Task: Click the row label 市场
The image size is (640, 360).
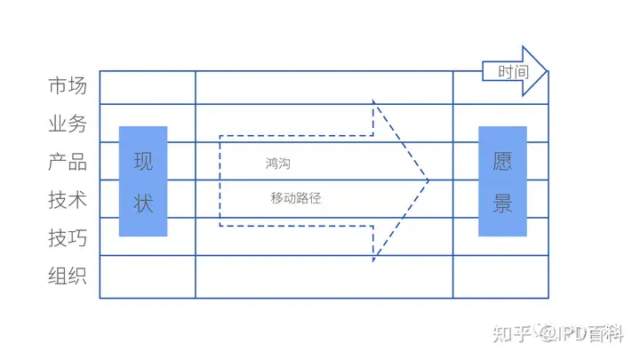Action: (x=68, y=86)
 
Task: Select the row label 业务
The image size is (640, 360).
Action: (x=68, y=124)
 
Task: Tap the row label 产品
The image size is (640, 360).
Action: (x=68, y=162)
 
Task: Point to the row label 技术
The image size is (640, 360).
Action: (x=68, y=200)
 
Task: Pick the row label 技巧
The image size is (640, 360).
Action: (x=68, y=237)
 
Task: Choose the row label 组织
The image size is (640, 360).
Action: (x=68, y=276)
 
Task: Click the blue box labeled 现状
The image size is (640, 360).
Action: (x=143, y=181)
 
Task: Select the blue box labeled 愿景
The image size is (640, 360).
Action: (x=503, y=181)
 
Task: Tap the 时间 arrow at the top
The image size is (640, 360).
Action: (x=515, y=71)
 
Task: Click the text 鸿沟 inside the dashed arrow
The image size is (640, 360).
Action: (x=277, y=164)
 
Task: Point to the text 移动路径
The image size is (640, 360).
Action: (x=296, y=198)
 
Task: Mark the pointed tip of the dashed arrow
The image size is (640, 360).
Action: (x=428, y=180)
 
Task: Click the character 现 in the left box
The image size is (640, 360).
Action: (x=143, y=162)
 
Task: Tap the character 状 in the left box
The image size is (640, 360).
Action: (x=143, y=203)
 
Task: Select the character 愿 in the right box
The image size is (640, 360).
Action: (x=503, y=162)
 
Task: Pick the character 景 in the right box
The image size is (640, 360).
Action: (x=503, y=203)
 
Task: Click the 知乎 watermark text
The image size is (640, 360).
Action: (x=512, y=334)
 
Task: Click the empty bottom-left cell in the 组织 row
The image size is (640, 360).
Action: (x=147, y=276)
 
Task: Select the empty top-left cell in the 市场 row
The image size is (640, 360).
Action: (x=147, y=87)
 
